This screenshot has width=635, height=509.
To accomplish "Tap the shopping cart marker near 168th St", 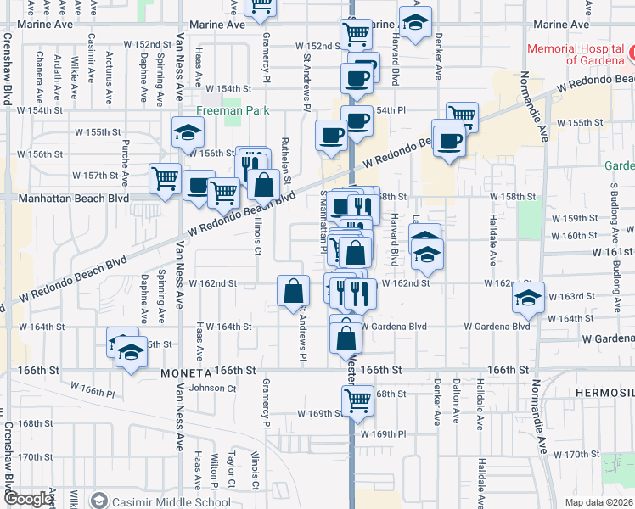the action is click(358, 400).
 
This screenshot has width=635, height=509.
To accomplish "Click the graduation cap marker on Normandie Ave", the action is click(529, 297).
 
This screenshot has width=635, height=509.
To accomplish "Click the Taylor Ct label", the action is click(230, 472).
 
